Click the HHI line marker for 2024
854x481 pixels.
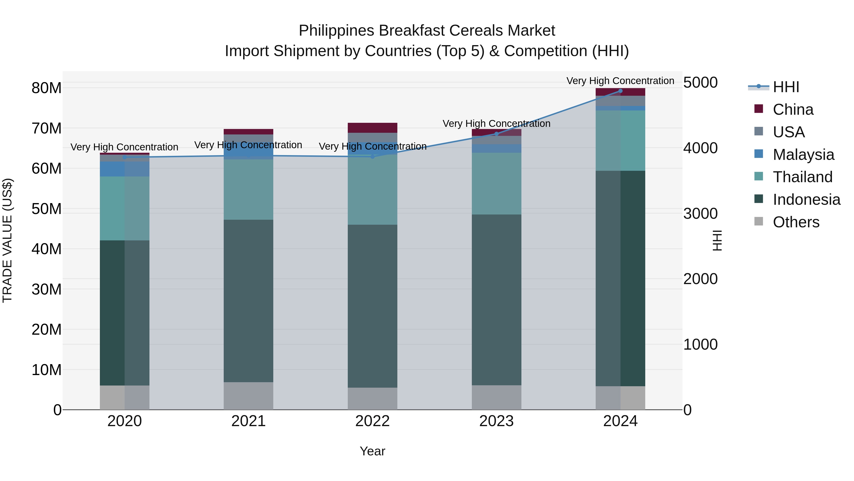pyautogui.click(x=620, y=91)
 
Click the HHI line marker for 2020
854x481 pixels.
pyautogui.click(x=125, y=157)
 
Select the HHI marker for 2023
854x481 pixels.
pyautogui.click(x=496, y=134)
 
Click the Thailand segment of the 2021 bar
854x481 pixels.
pyautogui.click(x=248, y=189)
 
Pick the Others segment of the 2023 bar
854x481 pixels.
pyautogui.click(x=496, y=397)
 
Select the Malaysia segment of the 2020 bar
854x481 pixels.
pyautogui.click(x=125, y=169)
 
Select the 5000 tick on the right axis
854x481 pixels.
pyautogui.click(x=700, y=82)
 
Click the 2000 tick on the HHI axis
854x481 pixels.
pyautogui.click(x=700, y=279)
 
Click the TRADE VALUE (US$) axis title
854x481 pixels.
pyautogui.click(x=7, y=240)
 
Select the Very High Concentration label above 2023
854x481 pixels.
pyautogui.click(x=496, y=124)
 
